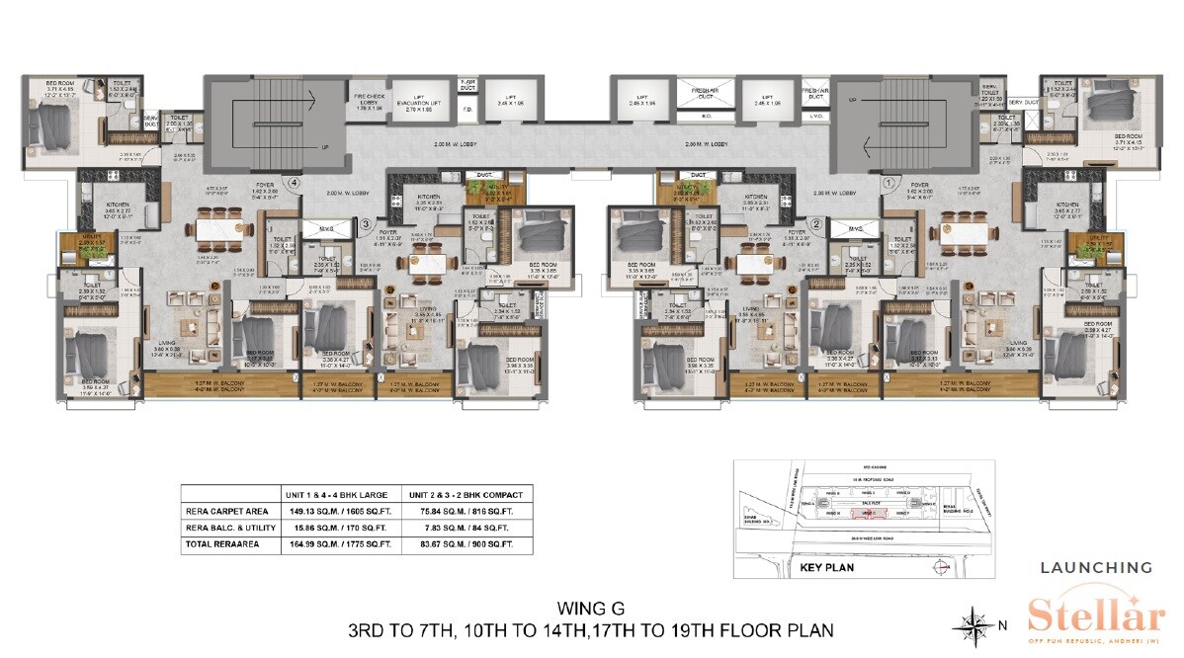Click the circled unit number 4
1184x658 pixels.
pyautogui.click(x=294, y=182)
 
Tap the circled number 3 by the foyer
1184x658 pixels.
pyautogui.click(x=366, y=223)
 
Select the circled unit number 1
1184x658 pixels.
pyautogui.click(x=888, y=182)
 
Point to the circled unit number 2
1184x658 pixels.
pyautogui.click(x=816, y=223)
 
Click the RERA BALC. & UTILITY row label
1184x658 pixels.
pyautogui.click(x=226, y=529)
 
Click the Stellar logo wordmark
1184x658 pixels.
pyautogui.click(x=1095, y=615)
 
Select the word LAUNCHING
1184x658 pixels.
pyautogui.click(x=1095, y=567)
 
